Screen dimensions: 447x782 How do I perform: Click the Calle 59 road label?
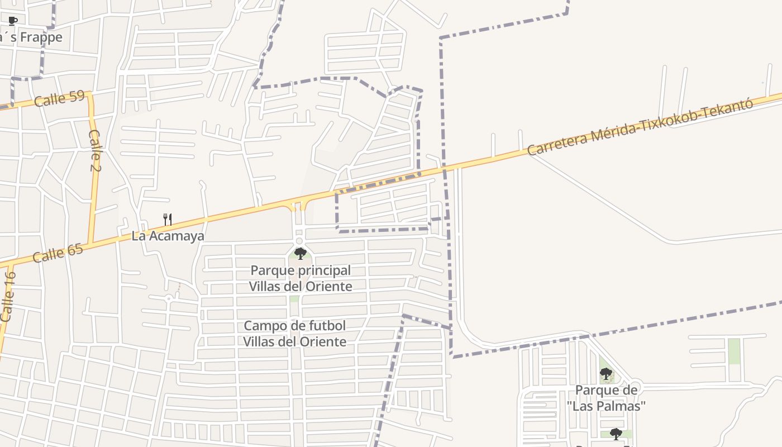[x=59, y=99]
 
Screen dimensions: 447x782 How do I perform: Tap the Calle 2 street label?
[x=94, y=150]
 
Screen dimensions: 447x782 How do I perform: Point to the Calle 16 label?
[x=8, y=296]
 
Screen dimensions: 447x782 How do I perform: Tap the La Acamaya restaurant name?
[x=168, y=236]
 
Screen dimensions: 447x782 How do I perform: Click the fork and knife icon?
[x=167, y=219]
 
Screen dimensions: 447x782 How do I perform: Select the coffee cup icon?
[x=13, y=21]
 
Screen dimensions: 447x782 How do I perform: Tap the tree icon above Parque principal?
[x=300, y=254]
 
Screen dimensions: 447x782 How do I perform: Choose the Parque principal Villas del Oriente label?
[x=301, y=278]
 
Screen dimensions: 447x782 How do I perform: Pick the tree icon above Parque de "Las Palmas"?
[x=605, y=374]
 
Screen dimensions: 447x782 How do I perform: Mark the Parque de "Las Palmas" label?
[x=606, y=398]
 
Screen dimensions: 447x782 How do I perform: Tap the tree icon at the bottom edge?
[x=616, y=434]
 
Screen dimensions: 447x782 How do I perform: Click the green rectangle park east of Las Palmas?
[x=734, y=351]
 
